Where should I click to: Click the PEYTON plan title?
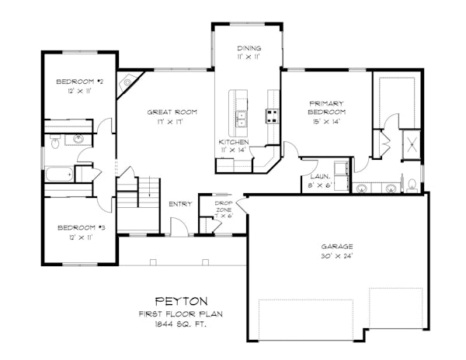(x=182, y=301)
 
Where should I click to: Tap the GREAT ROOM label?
(x=172, y=112)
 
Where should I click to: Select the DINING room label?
(x=249, y=48)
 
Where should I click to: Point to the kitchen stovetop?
(x=273, y=116)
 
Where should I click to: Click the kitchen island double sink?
(x=242, y=119)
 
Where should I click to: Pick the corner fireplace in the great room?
(x=128, y=82)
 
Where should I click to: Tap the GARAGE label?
(x=337, y=246)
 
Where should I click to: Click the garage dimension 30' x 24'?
(x=337, y=256)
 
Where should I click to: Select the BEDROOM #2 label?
(x=80, y=81)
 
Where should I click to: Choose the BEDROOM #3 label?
(x=81, y=227)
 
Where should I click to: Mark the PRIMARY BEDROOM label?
(x=327, y=108)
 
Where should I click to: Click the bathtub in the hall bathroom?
(x=60, y=174)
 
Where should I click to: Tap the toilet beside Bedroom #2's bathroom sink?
(x=55, y=141)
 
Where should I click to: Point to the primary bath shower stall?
(x=412, y=145)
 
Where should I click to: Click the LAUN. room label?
(x=320, y=177)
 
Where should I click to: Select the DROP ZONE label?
(x=223, y=206)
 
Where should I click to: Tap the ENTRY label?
(x=180, y=204)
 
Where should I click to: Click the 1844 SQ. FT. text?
(x=181, y=324)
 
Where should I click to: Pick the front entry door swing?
(x=179, y=227)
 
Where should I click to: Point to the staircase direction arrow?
(x=149, y=186)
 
